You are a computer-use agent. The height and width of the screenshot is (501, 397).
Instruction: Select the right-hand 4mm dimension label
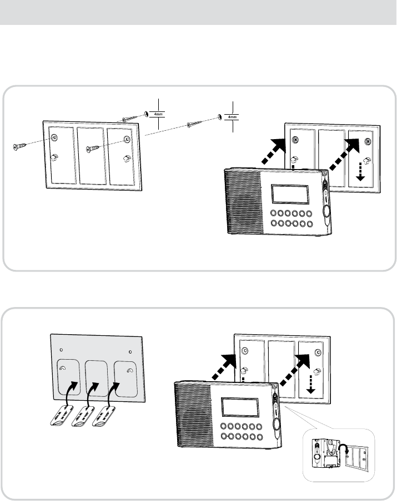232,117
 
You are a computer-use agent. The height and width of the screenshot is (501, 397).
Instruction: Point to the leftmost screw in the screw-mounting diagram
21,147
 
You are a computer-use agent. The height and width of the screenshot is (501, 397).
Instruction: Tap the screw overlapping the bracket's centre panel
96,149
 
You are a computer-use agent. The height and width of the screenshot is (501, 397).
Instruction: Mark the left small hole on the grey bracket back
61,350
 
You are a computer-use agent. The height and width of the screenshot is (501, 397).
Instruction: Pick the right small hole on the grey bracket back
130,350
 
